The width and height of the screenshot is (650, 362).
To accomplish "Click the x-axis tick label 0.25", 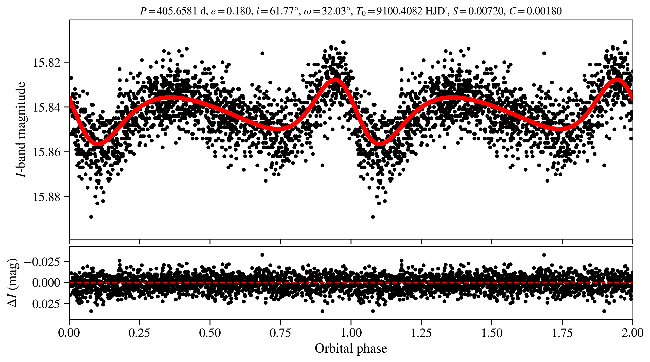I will (x=139, y=333).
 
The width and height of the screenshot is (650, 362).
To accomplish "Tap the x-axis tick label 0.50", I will (x=210, y=333).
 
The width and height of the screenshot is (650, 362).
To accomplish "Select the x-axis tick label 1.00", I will (x=351, y=333).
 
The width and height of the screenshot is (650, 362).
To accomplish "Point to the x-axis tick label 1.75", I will (x=562, y=333).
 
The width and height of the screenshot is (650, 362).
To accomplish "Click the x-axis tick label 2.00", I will (x=633, y=333).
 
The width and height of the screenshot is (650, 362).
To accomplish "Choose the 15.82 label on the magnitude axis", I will (x=47, y=63).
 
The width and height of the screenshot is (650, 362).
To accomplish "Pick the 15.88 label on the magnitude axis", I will (x=47, y=197).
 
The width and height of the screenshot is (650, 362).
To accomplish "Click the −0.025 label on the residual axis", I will (x=43, y=262).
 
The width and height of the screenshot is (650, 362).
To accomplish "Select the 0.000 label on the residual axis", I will (x=46, y=283).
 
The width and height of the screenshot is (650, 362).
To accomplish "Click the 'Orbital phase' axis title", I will (x=351, y=349).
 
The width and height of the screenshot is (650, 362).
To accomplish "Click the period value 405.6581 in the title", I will (x=177, y=11).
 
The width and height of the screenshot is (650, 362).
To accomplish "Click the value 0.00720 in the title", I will (x=485, y=11).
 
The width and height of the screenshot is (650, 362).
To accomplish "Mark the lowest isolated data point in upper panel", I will (x=91, y=217).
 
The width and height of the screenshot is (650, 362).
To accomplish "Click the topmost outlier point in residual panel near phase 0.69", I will (x=262, y=255).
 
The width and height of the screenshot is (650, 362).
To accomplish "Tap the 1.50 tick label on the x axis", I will (x=491, y=333).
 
